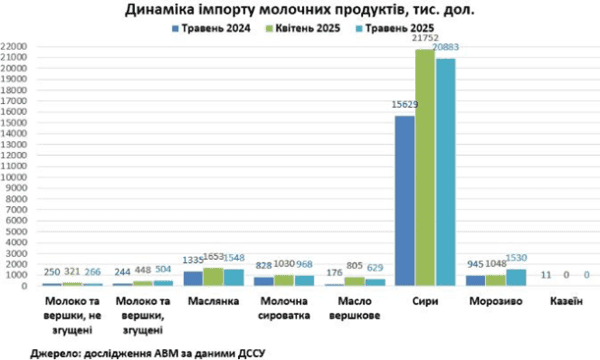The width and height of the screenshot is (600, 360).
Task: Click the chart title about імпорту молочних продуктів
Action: (300, 11)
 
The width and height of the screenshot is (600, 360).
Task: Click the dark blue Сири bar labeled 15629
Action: (405, 200)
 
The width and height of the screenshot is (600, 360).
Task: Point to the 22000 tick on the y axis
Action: (14, 46)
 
